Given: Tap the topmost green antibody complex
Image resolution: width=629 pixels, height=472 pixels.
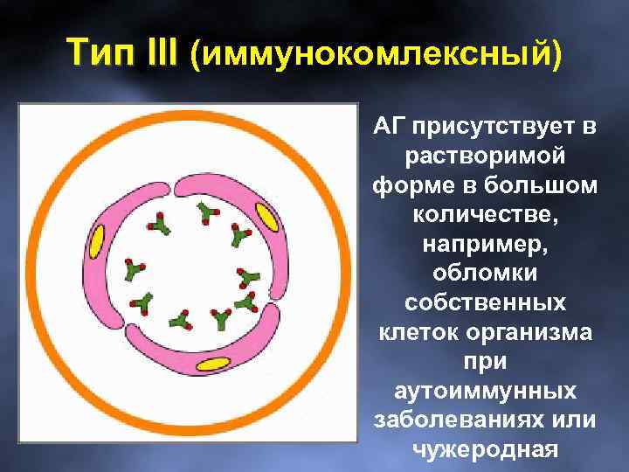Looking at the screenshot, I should coord(207,212).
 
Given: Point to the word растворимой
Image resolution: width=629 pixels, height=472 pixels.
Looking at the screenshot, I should coord(485,157).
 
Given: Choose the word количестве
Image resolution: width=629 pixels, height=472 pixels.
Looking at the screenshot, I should coord(485,215).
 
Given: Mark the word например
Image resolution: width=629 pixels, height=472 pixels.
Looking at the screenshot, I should coord(485,244).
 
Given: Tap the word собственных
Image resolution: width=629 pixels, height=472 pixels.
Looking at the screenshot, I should coord(485,302).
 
